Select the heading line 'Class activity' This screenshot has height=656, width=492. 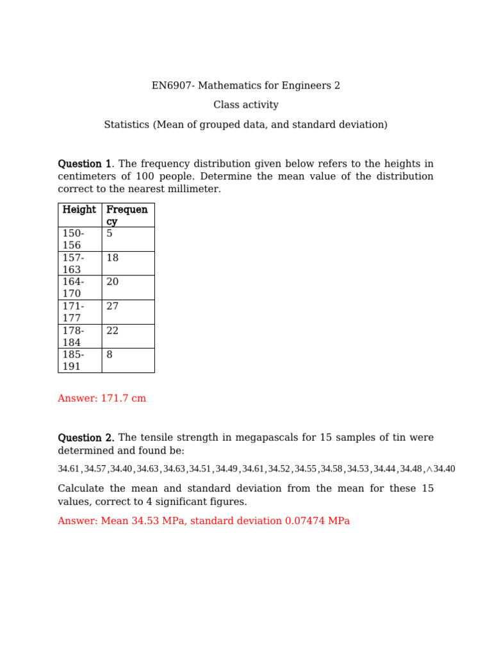point(246,105)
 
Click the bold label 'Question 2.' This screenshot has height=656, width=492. point(86,438)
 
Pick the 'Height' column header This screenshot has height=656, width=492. point(79,210)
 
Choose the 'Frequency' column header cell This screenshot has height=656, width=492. point(127,215)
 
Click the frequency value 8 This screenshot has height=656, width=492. point(110,355)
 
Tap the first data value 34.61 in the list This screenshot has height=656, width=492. point(69,469)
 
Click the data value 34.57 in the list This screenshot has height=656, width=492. point(95,469)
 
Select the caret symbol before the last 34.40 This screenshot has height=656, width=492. point(429,469)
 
